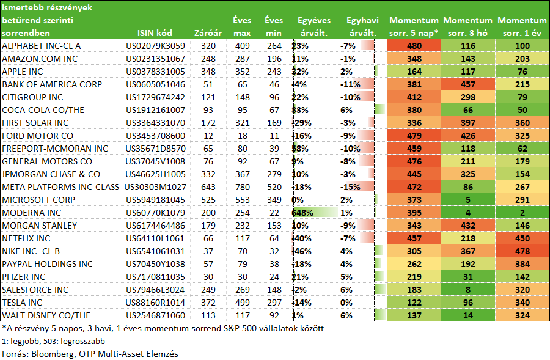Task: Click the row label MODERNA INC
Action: coord(32,213)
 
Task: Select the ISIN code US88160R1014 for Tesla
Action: coord(155,303)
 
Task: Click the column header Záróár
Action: coord(208,33)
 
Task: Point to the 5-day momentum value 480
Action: coord(414,46)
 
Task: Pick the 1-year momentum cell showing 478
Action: coord(522,251)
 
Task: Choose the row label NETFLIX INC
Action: coord(26,238)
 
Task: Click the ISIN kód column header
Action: coord(155,33)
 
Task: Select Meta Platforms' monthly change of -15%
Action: coord(350,187)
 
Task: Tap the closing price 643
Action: coord(208,187)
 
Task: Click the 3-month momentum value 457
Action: coord(468,84)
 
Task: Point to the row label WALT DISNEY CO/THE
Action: coord(46,315)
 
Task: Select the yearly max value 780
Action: coord(243,187)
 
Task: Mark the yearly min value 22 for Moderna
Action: coord(274,213)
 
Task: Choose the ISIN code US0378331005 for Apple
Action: coord(155,72)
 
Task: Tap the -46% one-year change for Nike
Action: coord(302,251)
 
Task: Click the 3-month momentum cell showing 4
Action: coord(468,213)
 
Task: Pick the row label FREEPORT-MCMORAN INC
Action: coord(55,149)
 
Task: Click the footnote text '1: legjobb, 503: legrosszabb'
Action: coord(53,341)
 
